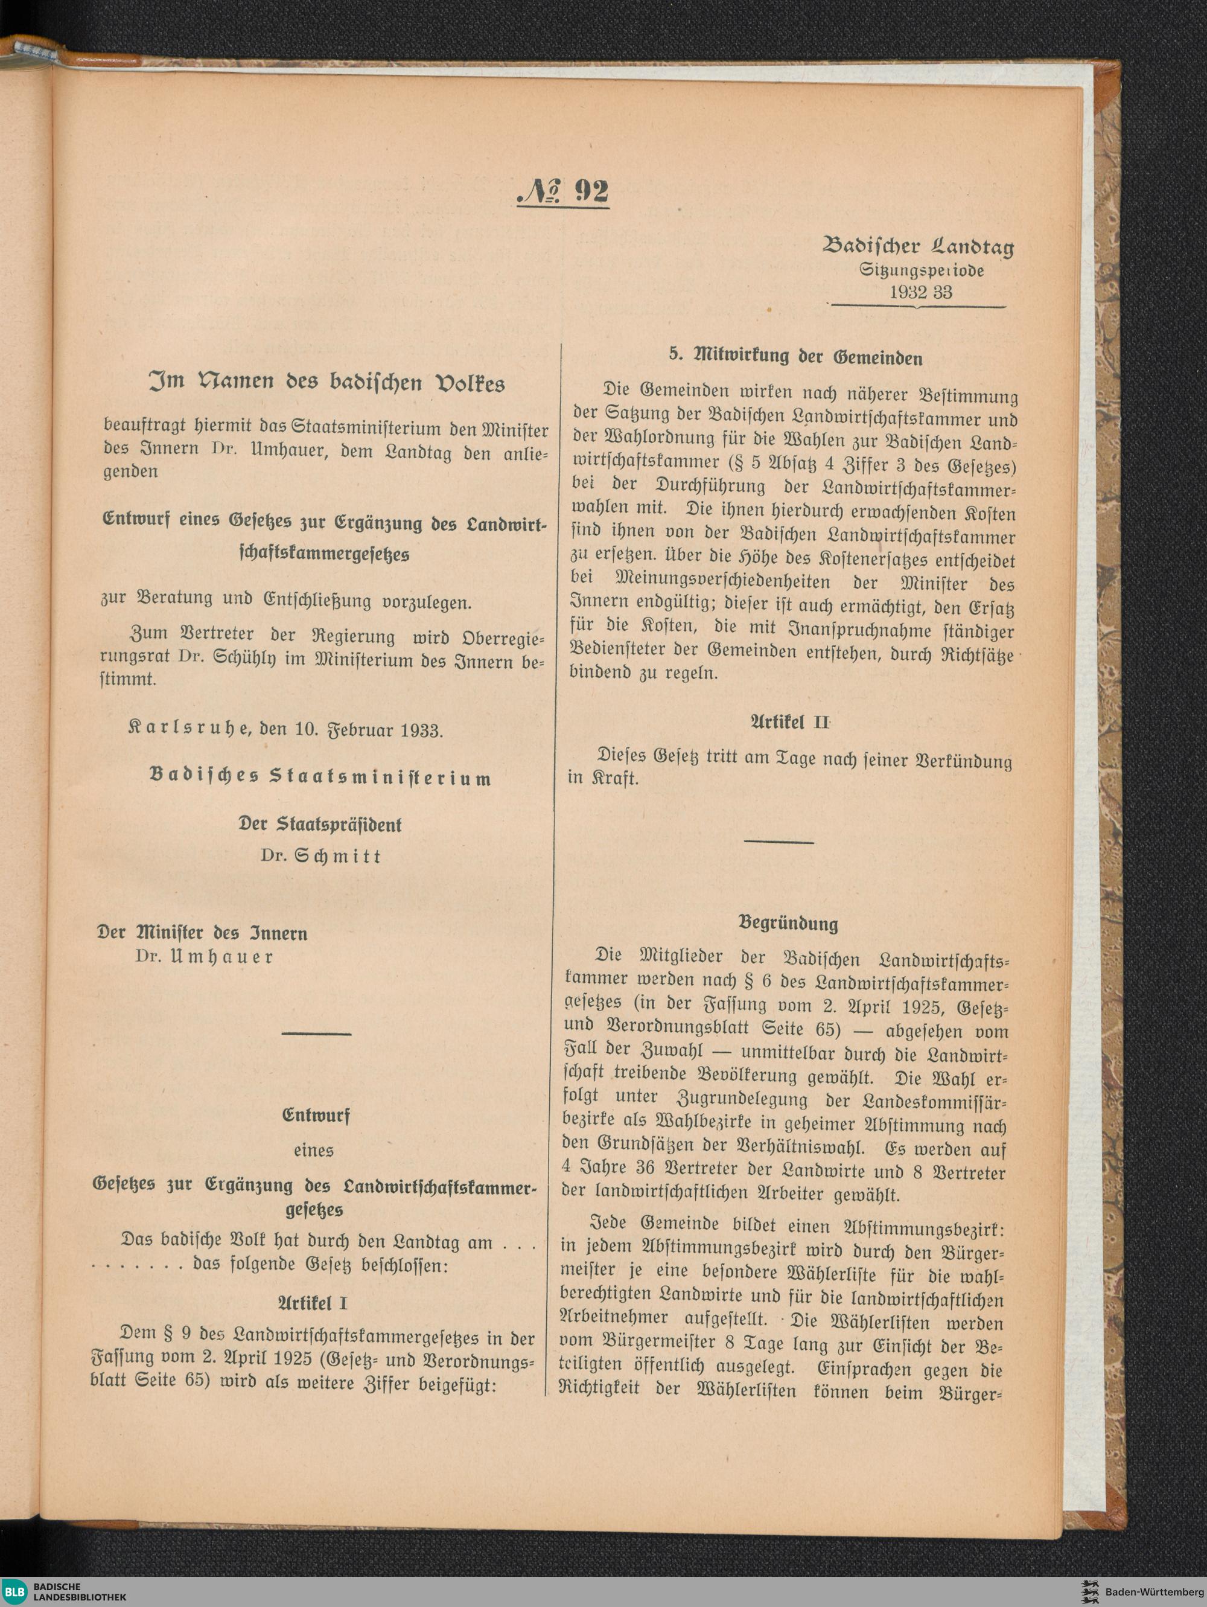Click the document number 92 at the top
point(563,191)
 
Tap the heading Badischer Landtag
point(918,247)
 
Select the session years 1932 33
point(920,292)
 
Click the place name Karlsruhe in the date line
point(189,729)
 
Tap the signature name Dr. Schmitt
point(320,856)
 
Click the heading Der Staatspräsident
point(320,825)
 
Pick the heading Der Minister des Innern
point(203,933)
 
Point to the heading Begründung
point(788,924)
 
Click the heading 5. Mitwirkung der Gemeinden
point(795,357)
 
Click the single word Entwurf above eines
point(315,1116)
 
